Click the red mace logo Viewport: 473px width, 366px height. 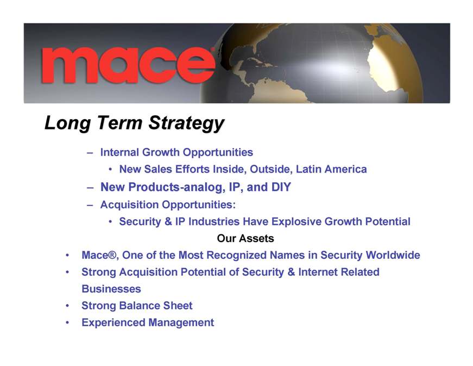tap(128, 65)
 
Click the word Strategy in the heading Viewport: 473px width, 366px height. tap(186, 123)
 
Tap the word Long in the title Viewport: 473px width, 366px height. tap(67, 123)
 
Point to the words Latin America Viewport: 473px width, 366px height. tap(331, 169)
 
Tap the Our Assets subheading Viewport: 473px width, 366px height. tap(245, 238)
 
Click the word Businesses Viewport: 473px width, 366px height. tap(111, 289)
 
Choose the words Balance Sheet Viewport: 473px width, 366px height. tap(156, 305)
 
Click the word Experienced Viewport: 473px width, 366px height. tap(113, 322)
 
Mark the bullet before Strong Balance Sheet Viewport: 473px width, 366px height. tap(67, 306)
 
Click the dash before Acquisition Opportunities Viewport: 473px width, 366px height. tap(90, 205)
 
